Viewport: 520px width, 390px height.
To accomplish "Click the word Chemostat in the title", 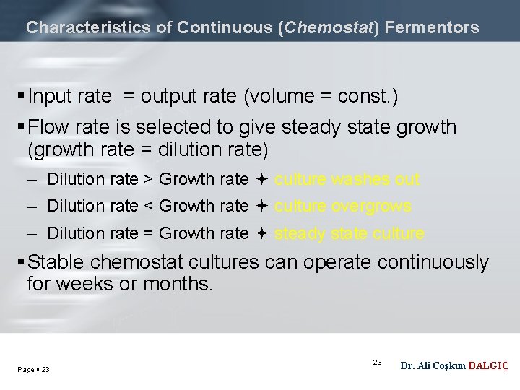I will [x=329, y=28].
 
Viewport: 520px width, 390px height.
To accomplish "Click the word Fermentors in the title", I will [x=432, y=28].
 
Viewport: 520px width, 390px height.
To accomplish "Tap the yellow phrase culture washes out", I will [x=347, y=179].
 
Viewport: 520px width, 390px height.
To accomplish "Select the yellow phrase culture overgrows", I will [x=343, y=207].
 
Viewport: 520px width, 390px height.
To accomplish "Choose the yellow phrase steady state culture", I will [x=350, y=233].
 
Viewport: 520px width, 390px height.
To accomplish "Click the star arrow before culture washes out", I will [x=261, y=179].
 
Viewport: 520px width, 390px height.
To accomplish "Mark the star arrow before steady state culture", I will [x=261, y=233].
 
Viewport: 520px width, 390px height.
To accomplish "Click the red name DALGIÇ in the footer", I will [x=489, y=366].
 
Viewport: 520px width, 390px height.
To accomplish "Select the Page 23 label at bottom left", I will [x=33, y=370].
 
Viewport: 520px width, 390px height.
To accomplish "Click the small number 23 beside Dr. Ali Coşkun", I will [x=377, y=361].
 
